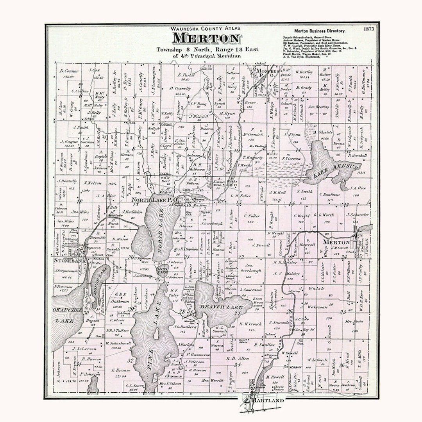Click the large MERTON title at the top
point(206,39)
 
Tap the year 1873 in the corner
point(368,29)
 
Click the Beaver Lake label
point(221,308)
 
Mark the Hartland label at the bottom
point(265,401)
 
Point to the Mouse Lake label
point(98,279)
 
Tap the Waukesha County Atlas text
point(206,29)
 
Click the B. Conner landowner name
point(69,71)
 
